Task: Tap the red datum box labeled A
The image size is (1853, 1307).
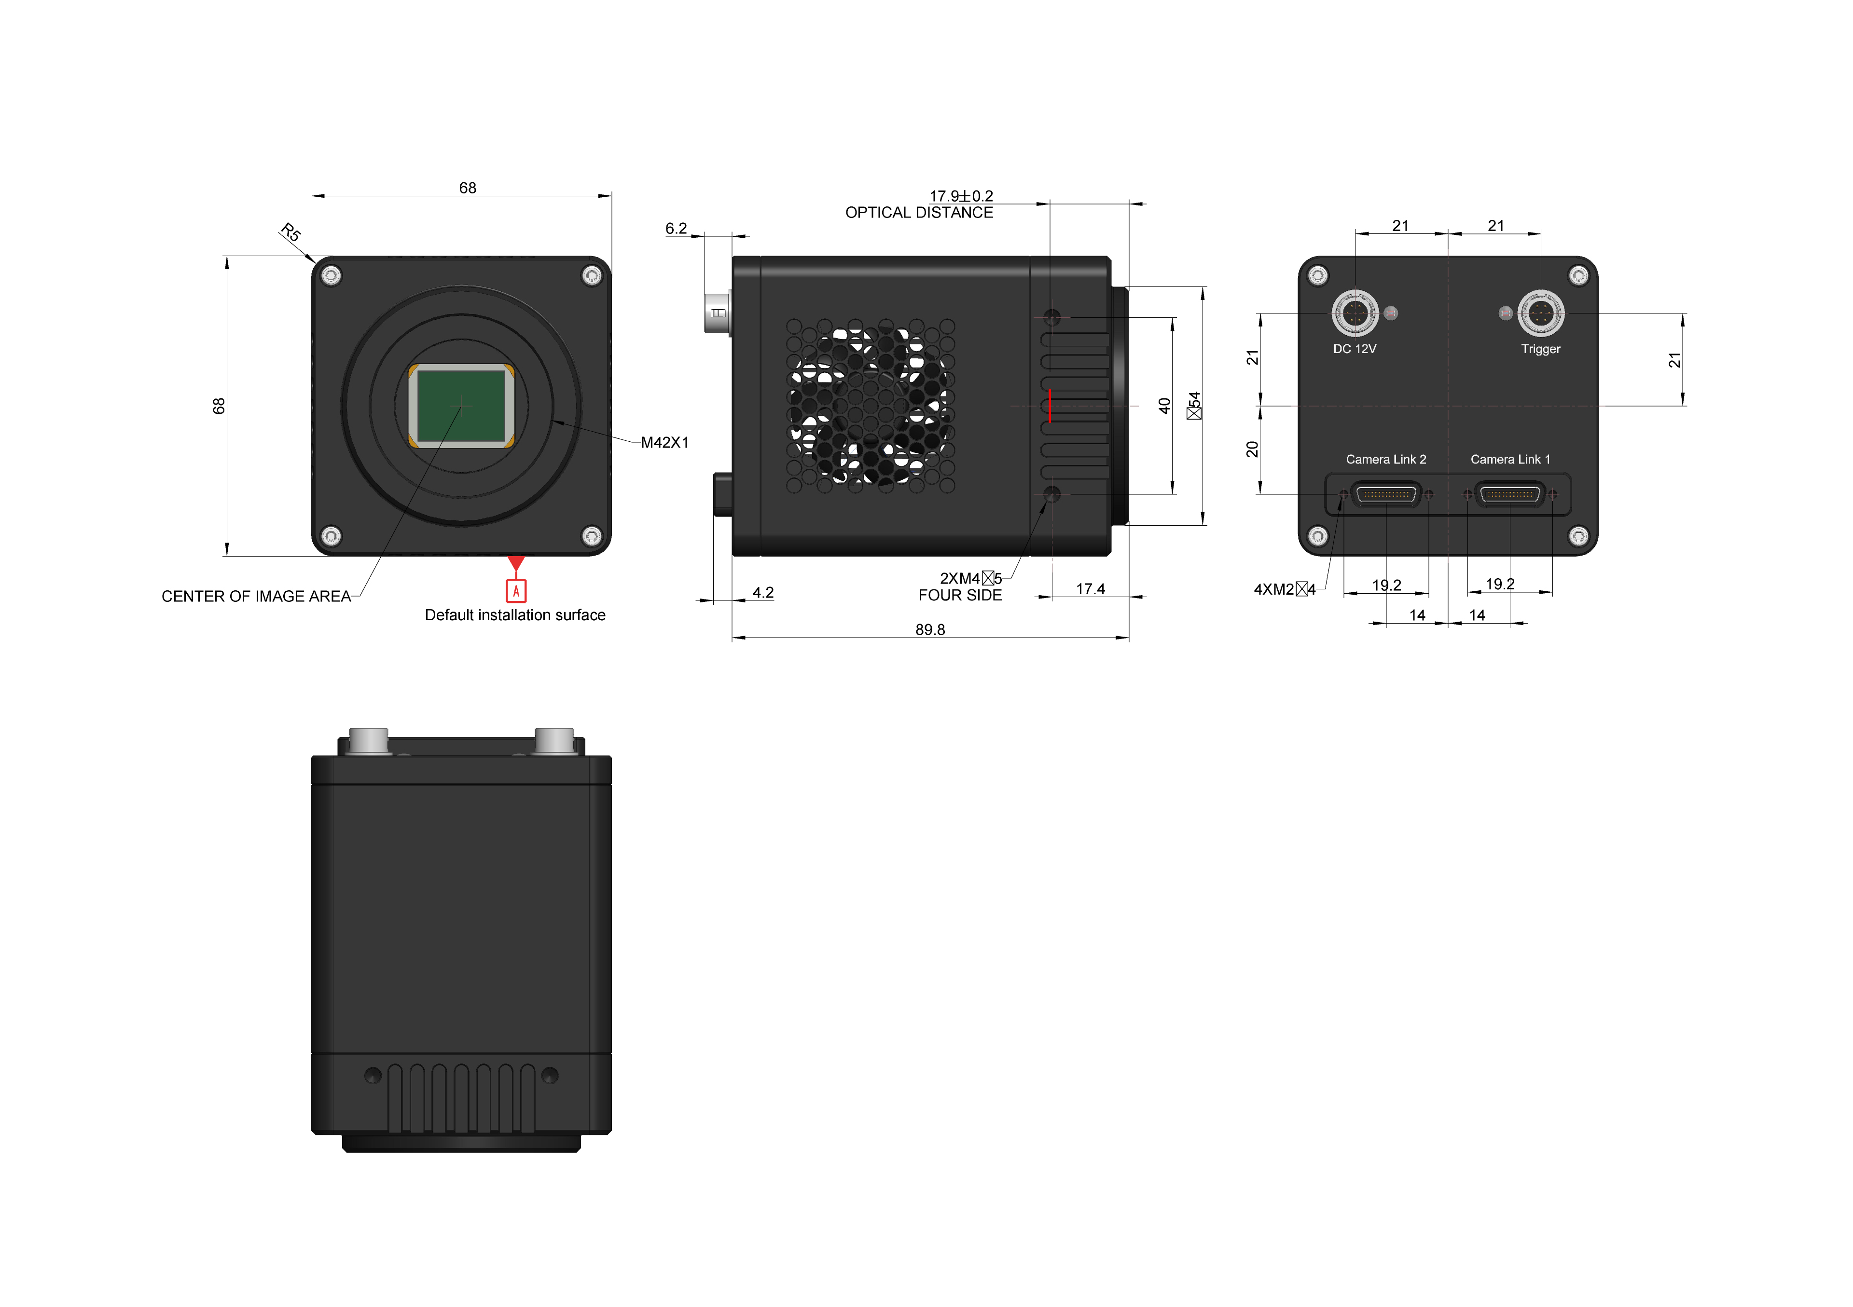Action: (516, 591)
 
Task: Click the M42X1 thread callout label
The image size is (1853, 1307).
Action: (664, 442)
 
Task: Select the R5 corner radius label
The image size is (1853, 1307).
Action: (290, 232)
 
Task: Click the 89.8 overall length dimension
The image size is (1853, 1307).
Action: (930, 629)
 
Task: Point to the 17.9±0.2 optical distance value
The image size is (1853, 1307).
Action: (960, 196)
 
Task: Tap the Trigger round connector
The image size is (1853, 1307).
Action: (1541, 313)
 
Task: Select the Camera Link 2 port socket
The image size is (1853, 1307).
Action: (1386, 494)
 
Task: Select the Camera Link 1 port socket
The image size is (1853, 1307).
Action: (1510, 494)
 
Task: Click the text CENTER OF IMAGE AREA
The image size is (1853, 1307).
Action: (256, 596)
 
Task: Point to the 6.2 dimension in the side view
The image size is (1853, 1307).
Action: (676, 228)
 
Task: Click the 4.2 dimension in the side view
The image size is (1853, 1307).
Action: (762, 592)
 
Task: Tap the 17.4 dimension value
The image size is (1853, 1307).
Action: (1091, 589)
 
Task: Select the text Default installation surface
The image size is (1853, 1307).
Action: (515, 615)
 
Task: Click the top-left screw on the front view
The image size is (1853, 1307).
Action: (331, 276)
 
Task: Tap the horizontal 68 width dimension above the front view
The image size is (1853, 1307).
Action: (467, 187)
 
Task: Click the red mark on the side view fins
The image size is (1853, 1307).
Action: (1049, 405)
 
